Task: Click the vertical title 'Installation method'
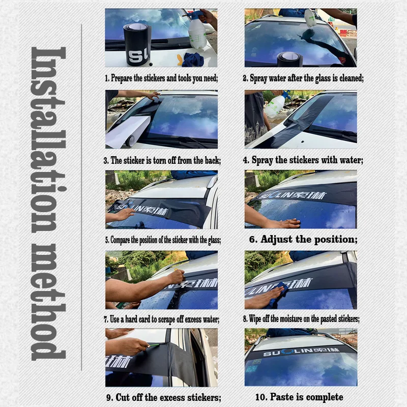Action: (x=48, y=203)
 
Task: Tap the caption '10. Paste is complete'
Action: (x=299, y=397)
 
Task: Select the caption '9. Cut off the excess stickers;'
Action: (x=163, y=397)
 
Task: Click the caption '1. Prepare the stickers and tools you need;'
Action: (x=161, y=78)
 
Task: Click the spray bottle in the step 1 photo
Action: (x=197, y=32)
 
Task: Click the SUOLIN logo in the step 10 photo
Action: (x=300, y=351)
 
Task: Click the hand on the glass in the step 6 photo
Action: (x=282, y=223)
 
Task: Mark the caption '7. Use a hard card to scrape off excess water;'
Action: (x=162, y=319)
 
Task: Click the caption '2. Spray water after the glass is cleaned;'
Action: (x=303, y=78)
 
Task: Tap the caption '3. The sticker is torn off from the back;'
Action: (x=162, y=160)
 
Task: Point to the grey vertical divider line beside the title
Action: (x=82, y=203)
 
